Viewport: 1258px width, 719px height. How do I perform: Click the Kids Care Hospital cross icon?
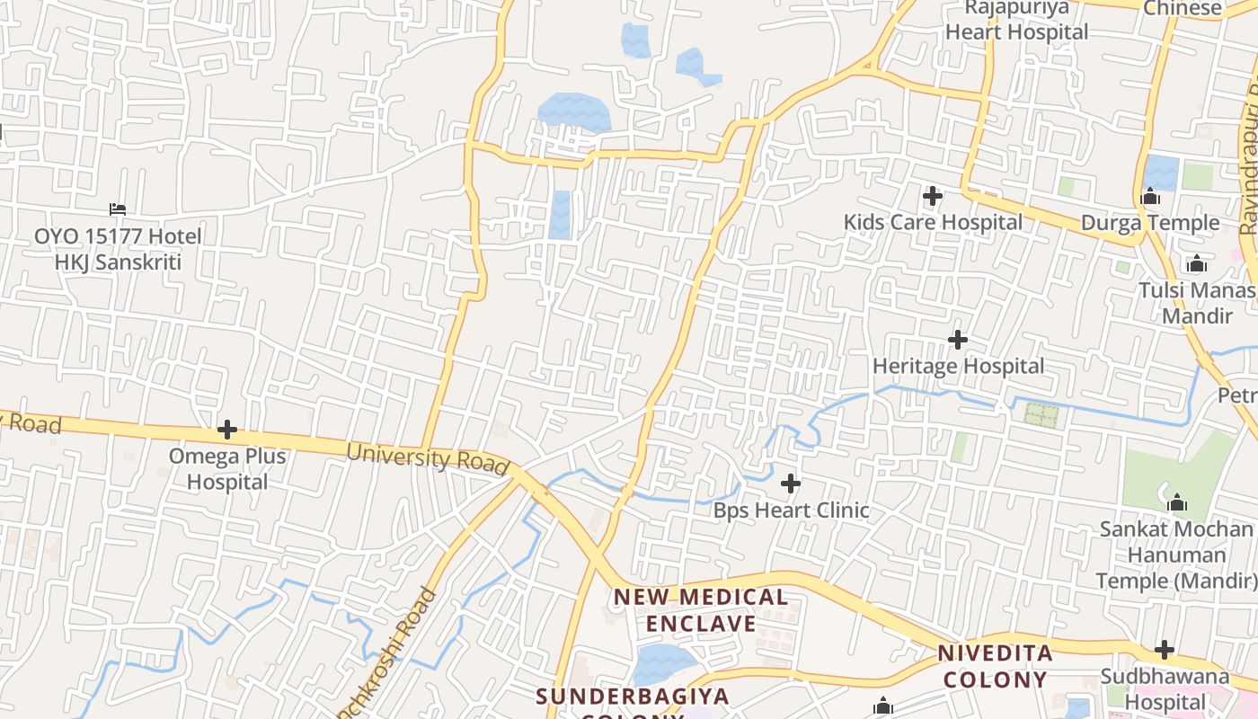pos(933,195)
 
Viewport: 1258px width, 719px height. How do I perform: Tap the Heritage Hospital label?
pos(959,367)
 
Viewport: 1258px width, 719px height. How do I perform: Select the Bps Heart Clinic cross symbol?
pos(791,484)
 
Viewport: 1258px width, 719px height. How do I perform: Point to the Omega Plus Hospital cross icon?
pos(227,430)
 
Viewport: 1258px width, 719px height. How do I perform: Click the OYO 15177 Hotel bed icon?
pos(118,209)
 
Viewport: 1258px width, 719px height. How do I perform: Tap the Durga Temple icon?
pos(1150,196)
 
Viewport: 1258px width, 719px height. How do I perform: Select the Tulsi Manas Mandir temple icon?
pos(1196,264)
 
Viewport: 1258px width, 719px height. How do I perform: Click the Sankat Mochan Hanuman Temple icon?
pos(1177,502)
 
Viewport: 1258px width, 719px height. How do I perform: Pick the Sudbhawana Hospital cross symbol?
pos(1165,650)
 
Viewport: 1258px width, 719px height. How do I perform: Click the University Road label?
pos(428,457)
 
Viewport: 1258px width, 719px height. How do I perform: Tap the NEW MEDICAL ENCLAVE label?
pos(701,610)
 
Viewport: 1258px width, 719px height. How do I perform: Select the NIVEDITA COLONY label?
pos(995,666)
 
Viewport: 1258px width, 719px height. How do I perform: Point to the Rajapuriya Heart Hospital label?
pos(1016,21)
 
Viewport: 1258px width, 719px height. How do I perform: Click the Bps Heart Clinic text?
pos(791,510)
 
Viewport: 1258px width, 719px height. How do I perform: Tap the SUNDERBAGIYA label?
pos(633,696)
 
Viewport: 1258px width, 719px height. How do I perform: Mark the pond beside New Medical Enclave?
pos(663,663)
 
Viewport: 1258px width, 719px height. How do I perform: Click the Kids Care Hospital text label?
pos(933,222)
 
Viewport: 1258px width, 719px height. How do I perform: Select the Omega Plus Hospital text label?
pos(227,468)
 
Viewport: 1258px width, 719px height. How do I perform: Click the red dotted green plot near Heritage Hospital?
pos(1042,415)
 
